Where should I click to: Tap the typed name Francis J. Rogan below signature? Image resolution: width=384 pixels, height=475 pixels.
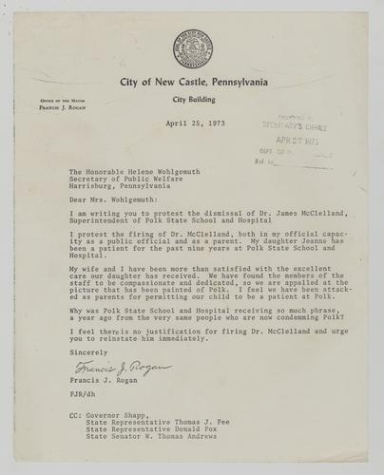(x=102, y=386)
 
